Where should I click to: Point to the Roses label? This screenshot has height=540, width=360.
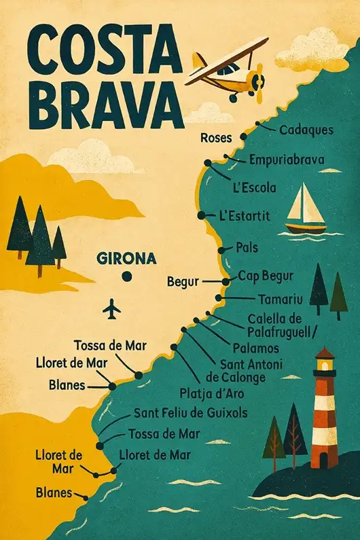tap(217, 138)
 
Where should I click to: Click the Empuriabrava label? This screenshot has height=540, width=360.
tap(286, 161)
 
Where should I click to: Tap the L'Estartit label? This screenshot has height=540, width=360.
tap(245, 215)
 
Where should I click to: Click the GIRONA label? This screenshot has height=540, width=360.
tap(127, 259)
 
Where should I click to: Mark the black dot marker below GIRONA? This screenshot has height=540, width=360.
tap(126, 276)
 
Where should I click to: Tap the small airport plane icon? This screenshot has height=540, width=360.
tap(111, 310)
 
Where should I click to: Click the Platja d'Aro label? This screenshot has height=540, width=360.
tap(212, 393)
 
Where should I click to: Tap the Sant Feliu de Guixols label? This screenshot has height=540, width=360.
tap(190, 412)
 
